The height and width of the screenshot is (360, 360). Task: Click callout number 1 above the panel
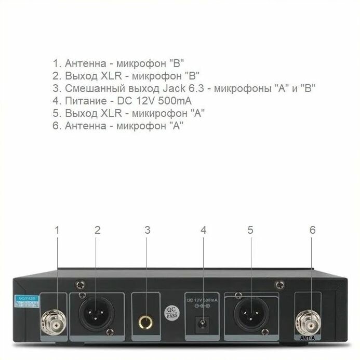tap(57, 230)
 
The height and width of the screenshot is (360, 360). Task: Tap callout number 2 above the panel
tap(98, 230)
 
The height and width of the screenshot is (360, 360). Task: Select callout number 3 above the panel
tap(148, 230)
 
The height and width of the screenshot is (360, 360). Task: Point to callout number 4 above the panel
tap(204, 230)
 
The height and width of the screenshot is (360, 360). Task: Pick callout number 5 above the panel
tap(250, 230)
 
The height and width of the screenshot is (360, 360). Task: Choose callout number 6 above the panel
tap(312, 230)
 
